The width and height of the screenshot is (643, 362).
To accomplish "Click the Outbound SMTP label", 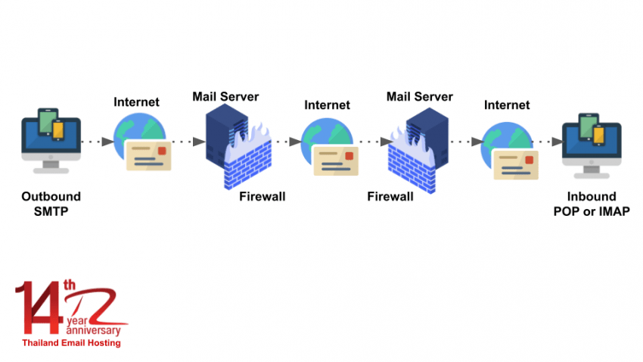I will click(51, 202).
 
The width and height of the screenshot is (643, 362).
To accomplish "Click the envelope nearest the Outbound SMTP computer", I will click(149, 156).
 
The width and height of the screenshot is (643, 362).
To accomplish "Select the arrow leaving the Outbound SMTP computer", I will click(95, 142).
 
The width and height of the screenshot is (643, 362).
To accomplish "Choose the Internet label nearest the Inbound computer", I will click(507, 105).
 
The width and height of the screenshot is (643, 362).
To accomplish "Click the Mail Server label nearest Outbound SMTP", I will click(225, 96).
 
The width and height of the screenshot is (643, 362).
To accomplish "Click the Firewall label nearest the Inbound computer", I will click(390, 197).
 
